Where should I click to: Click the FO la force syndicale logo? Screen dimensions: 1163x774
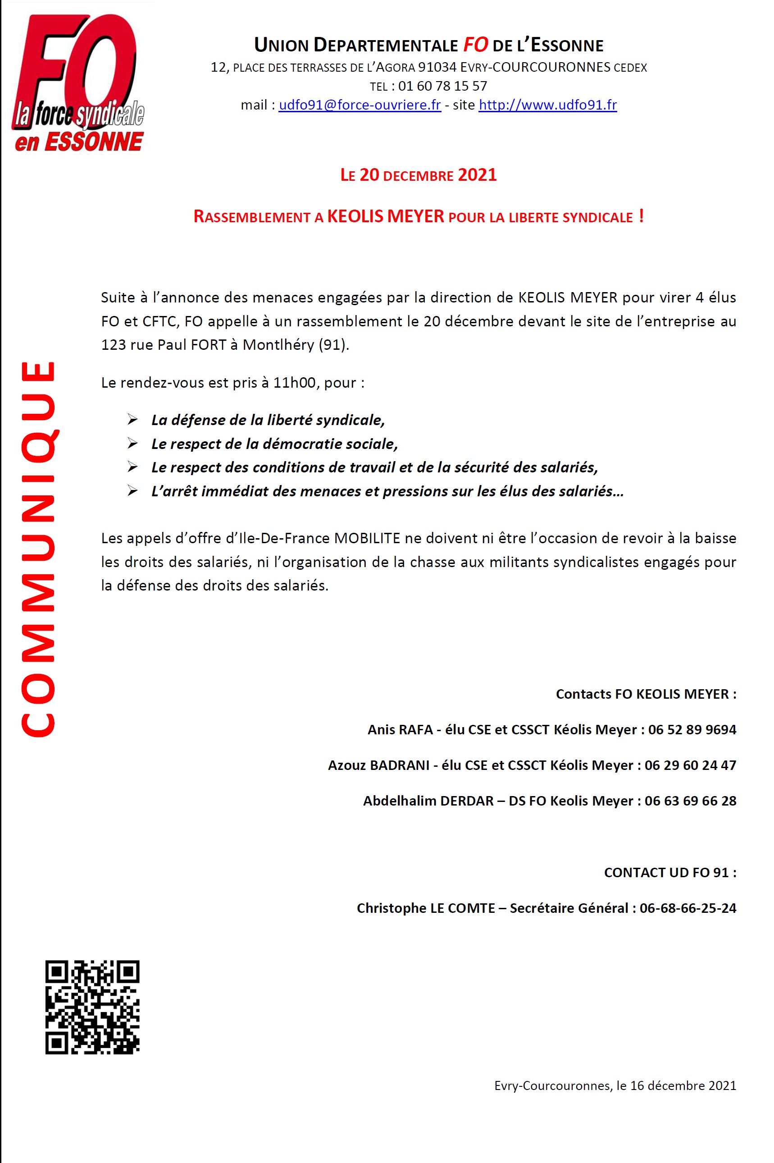78,83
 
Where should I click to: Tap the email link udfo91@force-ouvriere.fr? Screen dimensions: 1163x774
360,105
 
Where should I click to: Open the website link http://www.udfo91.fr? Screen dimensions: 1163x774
547,105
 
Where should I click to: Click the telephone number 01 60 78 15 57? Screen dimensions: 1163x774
442,87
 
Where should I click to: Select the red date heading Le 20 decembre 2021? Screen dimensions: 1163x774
418,175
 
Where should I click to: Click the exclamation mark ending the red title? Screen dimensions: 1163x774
641,216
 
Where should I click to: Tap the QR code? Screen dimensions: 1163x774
92,1007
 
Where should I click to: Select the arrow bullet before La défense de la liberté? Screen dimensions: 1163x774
132,420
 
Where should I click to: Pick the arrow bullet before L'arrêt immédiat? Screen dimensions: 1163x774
132,491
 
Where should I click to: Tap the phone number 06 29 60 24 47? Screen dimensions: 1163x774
690,765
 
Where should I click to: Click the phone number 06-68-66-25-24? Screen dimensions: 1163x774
687,908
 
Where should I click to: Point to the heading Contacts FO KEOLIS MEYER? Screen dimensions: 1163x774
646,694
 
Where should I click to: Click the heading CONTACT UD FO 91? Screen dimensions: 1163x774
670,872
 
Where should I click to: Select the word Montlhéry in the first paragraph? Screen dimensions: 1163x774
278,345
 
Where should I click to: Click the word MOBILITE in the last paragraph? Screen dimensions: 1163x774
367,538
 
